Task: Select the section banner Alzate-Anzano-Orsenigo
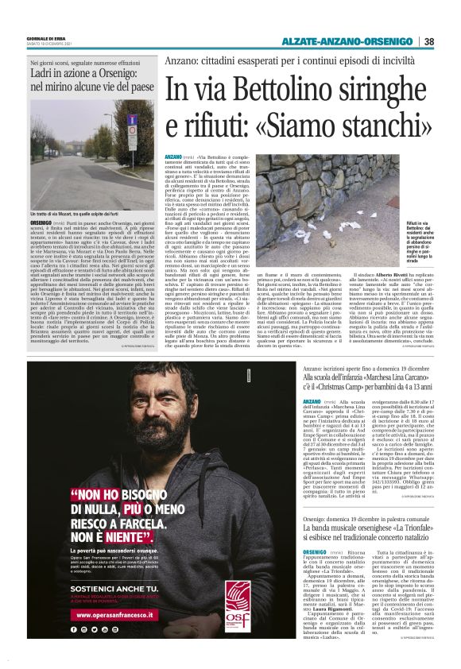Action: [x=351, y=41]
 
